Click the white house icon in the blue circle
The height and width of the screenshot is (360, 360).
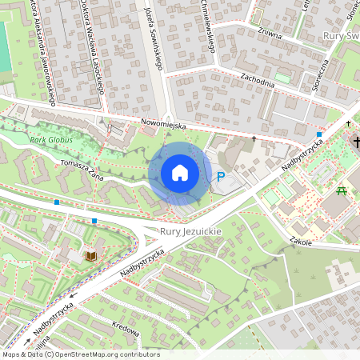pyautogui.click(x=180, y=173)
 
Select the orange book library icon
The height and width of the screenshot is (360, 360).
pyautogui.click(x=91, y=256)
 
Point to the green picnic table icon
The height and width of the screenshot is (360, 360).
pyautogui.click(x=342, y=190)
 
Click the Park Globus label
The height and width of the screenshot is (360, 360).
pyautogui.click(x=50, y=140)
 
